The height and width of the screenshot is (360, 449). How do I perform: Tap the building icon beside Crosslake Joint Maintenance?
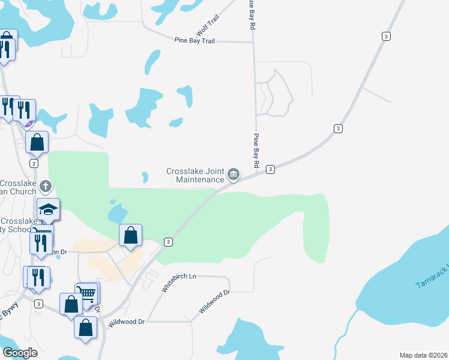(234, 175)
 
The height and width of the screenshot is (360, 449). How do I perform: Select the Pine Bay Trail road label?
(194, 41)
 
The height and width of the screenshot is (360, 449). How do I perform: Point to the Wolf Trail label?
(208, 26)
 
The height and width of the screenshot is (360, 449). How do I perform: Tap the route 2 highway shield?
(34, 163)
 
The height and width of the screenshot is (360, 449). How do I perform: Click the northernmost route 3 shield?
(386, 37)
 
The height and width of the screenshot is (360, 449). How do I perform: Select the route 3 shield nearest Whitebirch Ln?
(169, 242)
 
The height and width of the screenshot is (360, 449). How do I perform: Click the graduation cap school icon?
(49, 209)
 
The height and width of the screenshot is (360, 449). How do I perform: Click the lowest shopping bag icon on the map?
(85, 328)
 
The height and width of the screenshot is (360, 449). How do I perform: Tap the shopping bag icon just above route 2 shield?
(37, 142)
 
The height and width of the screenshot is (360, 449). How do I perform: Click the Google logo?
(20, 353)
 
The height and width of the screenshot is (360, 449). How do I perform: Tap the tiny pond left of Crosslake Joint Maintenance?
(145, 177)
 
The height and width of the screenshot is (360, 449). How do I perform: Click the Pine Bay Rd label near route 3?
(256, 150)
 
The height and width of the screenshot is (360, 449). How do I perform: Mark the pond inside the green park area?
(117, 212)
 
